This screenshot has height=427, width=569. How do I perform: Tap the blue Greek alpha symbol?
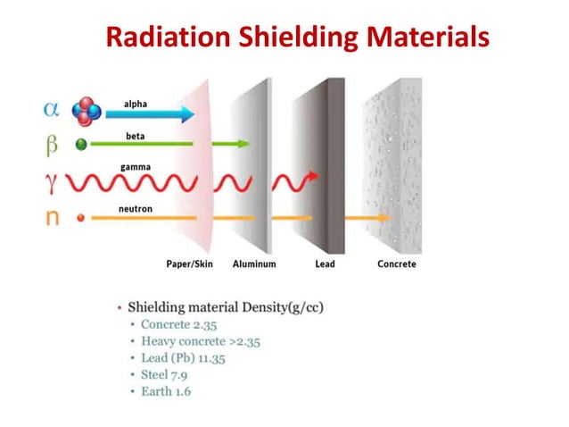[53, 110]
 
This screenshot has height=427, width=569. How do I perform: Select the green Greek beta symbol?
[53, 144]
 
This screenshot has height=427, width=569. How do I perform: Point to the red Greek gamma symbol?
[52, 183]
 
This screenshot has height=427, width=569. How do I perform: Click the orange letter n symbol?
[53, 217]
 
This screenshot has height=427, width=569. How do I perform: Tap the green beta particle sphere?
[81, 144]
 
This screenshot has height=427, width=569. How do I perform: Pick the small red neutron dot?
[80, 217]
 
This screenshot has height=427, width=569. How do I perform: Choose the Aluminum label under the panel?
[254, 264]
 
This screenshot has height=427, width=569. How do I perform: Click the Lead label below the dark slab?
[325, 264]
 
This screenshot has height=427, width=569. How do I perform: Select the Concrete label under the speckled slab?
[396, 264]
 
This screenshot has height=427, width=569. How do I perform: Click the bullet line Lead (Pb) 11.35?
[183, 358]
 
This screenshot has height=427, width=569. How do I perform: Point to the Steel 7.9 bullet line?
[164, 375]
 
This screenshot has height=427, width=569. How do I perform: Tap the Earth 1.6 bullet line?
[166, 391]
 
